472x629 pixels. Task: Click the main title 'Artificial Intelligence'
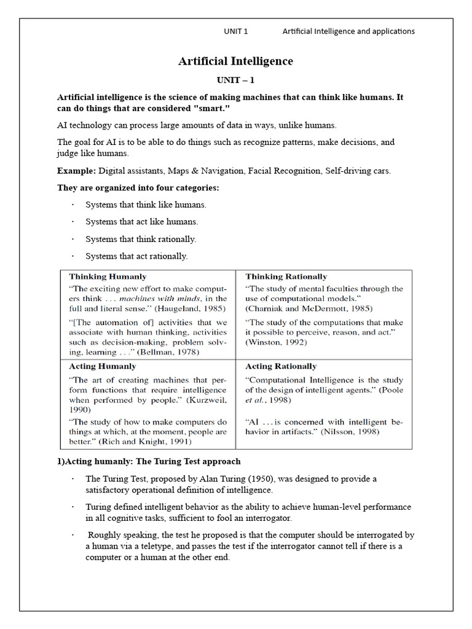coord(235,61)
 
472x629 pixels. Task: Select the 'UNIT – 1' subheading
coord(235,80)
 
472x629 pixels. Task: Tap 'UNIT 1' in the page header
coord(236,31)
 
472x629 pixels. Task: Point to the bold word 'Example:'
coord(77,171)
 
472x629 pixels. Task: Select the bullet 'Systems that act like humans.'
coord(141,222)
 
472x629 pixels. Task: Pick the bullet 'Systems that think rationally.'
coord(141,239)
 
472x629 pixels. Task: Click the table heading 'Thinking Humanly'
coord(108,277)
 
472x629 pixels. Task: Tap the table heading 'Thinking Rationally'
coord(286,277)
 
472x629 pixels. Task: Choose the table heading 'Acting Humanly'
coord(103,367)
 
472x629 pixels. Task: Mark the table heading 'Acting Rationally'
coord(281,367)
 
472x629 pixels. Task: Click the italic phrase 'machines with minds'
coord(165,299)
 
